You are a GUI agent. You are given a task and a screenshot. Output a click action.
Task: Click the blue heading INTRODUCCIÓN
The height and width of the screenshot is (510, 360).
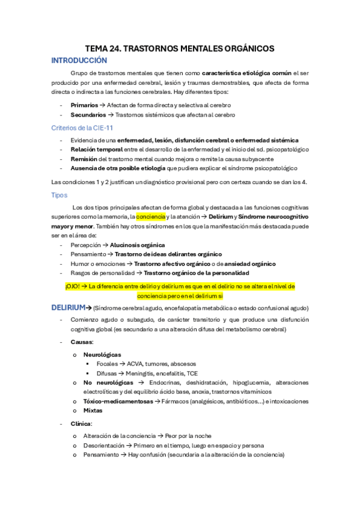79,61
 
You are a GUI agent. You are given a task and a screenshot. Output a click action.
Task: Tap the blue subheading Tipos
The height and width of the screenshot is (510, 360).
59,195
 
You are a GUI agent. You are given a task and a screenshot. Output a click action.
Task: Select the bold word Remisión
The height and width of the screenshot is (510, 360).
84,158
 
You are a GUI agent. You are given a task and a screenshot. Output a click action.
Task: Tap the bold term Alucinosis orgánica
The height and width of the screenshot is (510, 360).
138,245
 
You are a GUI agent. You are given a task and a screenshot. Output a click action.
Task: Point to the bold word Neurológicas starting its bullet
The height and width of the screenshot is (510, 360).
102,355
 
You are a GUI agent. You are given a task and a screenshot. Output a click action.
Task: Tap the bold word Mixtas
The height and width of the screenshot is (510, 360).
93,410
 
